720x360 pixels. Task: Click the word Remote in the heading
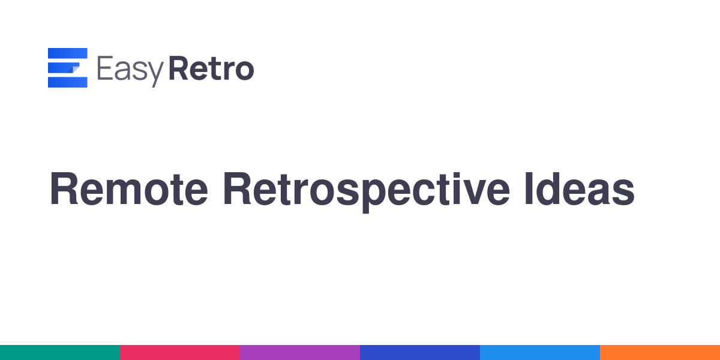(129, 188)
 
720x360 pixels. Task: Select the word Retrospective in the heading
(367, 192)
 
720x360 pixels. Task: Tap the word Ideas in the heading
(580, 188)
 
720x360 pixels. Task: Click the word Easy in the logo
(130, 71)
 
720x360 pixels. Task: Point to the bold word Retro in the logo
(211, 68)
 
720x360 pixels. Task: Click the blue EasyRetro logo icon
(67, 67)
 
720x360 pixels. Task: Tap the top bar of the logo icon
(67, 53)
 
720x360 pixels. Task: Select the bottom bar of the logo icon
(67, 82)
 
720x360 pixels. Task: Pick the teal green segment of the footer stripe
(60, 352)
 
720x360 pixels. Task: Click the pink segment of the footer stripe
(180, 352)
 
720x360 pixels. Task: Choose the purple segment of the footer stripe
(300, 352)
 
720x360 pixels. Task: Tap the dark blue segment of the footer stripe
(420, 352)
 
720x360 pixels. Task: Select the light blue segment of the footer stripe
(540, 352)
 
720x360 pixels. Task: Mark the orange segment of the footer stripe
(660, 352)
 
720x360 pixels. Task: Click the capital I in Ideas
(529, 188)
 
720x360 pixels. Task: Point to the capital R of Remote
(64, 188)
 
